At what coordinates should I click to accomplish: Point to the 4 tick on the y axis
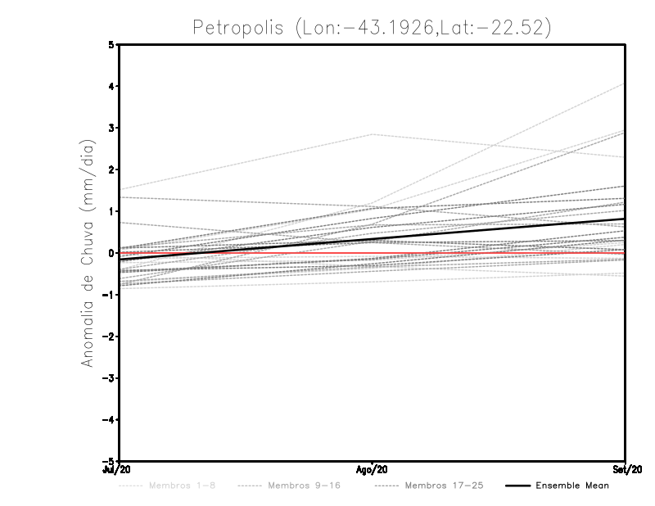tap(112, 86)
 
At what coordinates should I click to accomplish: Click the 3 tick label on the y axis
tap(112, 128)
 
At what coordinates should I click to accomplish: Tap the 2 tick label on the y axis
tap(112, 169)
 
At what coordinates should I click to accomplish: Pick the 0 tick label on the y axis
tap(112, 253)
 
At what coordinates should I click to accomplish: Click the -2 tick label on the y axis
tap(110, 336)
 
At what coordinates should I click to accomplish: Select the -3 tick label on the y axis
tap(110, 377)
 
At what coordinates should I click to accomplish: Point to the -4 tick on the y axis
tap(110, 419)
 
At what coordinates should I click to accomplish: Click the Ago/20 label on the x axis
tap(373, 469)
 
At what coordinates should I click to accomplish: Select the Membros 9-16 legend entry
tap(303, 486)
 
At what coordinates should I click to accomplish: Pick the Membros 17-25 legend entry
tap(444, 486)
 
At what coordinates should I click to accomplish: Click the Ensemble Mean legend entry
tap(572, 486)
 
